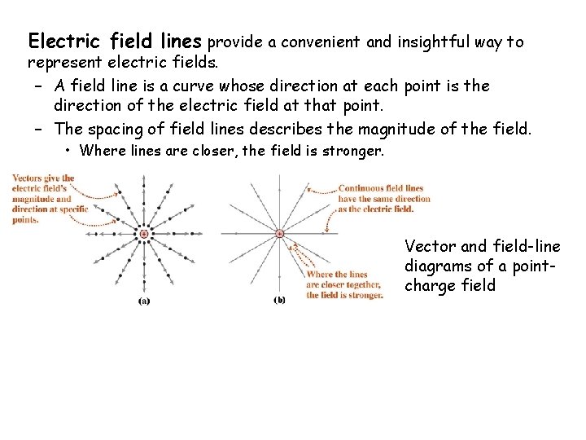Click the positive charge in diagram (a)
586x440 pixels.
point(143,235)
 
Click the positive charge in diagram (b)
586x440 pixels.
point(279,234)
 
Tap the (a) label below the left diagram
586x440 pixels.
point(143,300)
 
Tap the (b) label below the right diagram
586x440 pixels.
point(279,300)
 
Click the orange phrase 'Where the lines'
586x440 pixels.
point(337,275)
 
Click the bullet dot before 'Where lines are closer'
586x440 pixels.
point(71,151)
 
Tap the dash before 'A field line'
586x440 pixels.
point(39,86)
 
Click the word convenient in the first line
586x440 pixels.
point(322,42)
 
